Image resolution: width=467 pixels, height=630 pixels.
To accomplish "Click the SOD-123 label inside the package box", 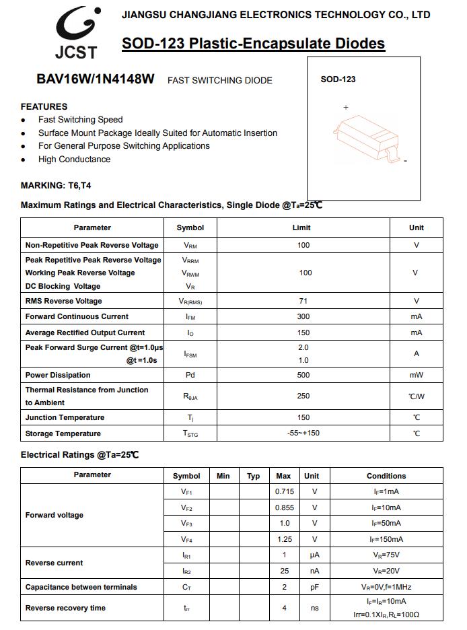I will coord(338,79).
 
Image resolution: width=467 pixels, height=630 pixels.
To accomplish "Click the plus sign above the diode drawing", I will coord(346,108).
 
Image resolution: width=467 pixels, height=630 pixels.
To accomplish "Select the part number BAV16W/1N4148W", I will coord(96,79).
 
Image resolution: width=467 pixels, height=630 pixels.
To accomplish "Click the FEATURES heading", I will coord(44,106).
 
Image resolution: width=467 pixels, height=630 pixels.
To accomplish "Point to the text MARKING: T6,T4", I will coord(56,185).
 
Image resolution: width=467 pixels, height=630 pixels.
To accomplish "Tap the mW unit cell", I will coord(417,375).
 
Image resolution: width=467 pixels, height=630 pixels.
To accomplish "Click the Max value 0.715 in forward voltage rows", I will coord(285,491).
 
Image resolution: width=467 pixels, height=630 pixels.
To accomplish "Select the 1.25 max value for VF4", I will coord(285,539).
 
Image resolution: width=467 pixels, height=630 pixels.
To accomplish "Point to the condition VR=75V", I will coord(386,555).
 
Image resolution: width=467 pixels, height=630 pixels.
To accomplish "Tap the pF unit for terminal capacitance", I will coord(314,587).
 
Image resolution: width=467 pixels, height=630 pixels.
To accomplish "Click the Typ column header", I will coord(253,476).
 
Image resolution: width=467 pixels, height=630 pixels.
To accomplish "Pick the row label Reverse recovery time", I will coord(65,608).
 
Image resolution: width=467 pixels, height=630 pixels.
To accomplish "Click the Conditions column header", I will coord(386,476).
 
